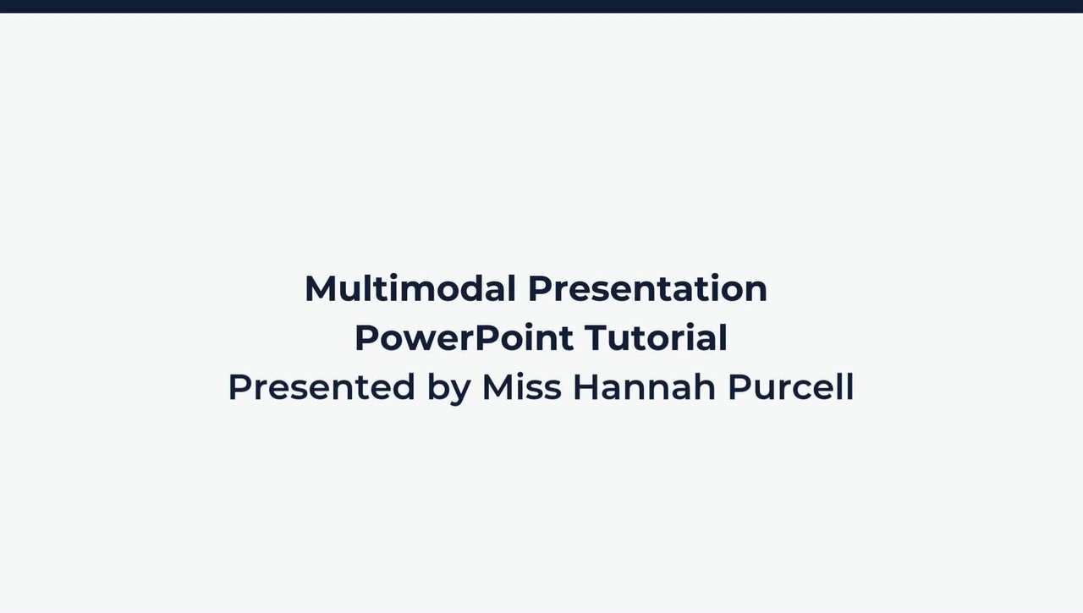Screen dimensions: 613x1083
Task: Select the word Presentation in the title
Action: pyautogui.click(x=647, y=288)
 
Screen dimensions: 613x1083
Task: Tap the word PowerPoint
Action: pyautogui.click(x=464, y=337)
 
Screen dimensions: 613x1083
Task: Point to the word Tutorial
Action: pyautogui.click(x=656, y=337)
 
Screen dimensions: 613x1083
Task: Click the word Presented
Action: pyautogui.click(x=322, y=387)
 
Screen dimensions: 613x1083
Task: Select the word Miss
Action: pyautogui.click(x=521, y=387)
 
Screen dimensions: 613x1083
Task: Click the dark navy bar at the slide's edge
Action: pyautogui.click(x=541, y=6)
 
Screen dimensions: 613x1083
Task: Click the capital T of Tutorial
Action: pyautogui.click(x=595, y=338)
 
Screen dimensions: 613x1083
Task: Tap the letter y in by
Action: pyautogui.click(x=460, y=391)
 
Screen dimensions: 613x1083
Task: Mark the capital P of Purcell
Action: pyautogui.click(x=739, y=387)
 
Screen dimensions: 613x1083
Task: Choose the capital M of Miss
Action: pyautogui.click(x=498, y=387)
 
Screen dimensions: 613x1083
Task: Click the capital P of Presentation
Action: pyautogui.click(x=540, y=288)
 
